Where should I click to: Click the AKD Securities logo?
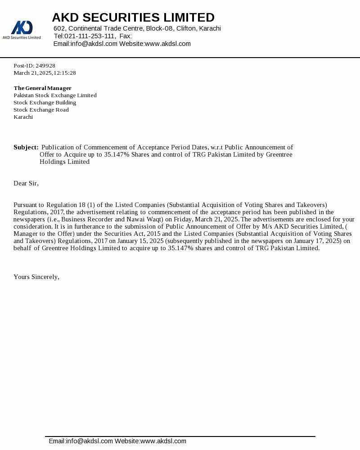point(22,29)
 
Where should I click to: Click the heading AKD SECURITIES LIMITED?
point(133,18)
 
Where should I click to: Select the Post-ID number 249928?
point(45,66)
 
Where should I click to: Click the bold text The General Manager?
point(42,88)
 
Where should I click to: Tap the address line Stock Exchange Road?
point(41,110)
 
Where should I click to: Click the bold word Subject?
point(26,147)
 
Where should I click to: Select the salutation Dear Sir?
point(26,183)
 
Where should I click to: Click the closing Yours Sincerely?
point(36,277)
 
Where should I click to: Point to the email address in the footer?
point(81,441)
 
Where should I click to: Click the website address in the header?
point(168,44)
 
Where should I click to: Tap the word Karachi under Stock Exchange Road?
point(23,117)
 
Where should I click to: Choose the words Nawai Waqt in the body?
point(141,219)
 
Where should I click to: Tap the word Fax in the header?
point(125,36)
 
